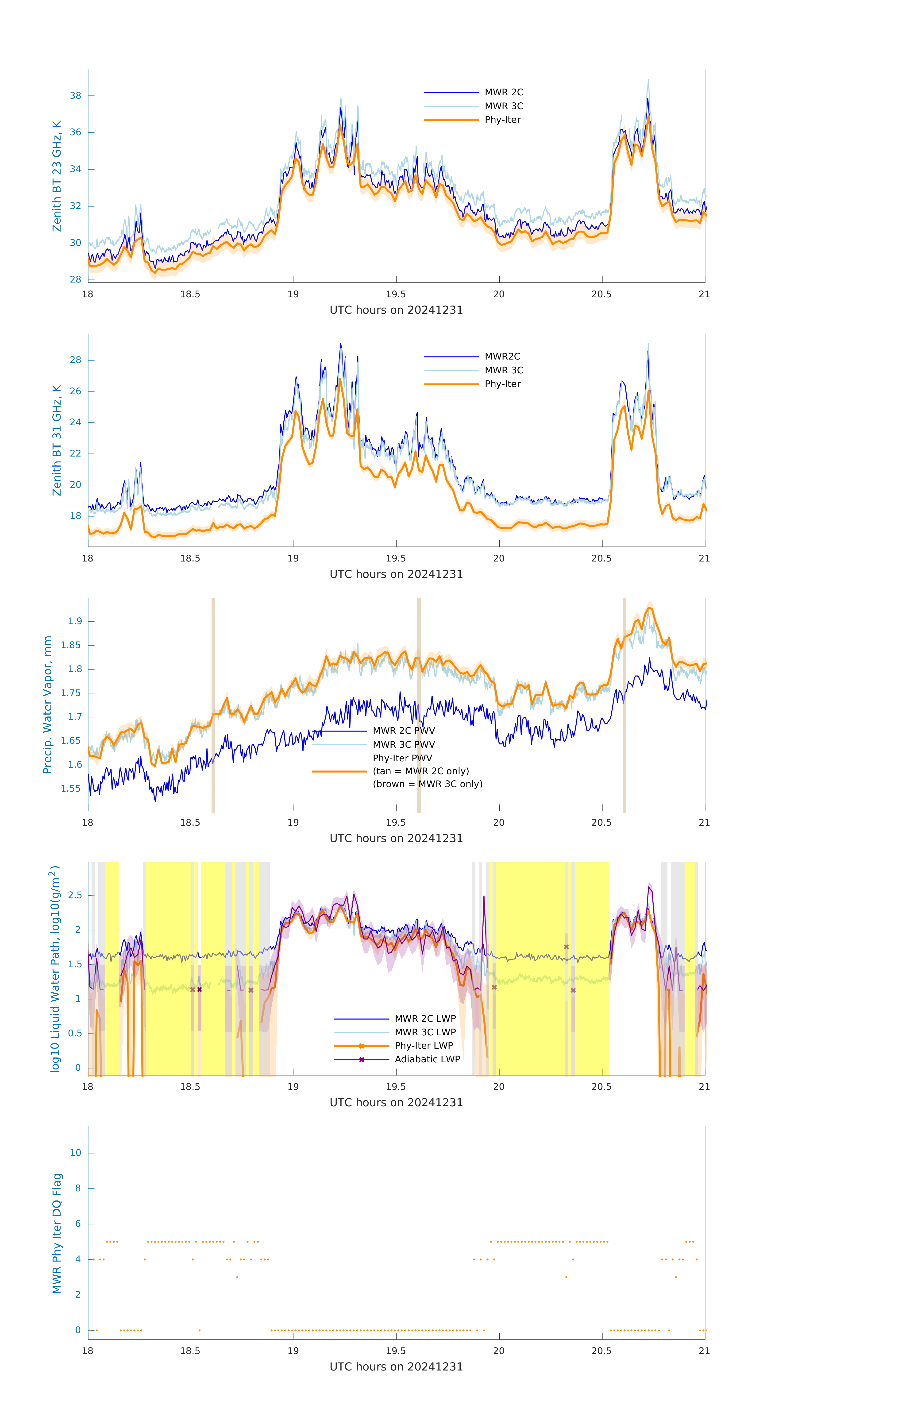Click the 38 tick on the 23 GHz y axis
click(x=75, y=95)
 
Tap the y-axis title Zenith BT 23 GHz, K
click(x=57, y=176)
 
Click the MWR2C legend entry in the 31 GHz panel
click(x=502, y=356)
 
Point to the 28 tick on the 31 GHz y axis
click(x=75, y=360)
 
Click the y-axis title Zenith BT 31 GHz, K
click(x=57, y=440)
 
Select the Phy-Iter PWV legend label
click(x=402, y=758)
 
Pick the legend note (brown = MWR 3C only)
click(x=428, y=784)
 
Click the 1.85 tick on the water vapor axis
click(x=71, y=645)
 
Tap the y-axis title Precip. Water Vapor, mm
click(x=47, y=704)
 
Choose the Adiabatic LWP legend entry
click(x=427, y=1059)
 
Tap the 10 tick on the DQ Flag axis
click(x=75, y=1153)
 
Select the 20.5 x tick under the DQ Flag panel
click(x=601, y=1351)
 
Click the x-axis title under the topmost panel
click(x=396, y=310)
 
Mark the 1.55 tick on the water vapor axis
click(x=71, y=788)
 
